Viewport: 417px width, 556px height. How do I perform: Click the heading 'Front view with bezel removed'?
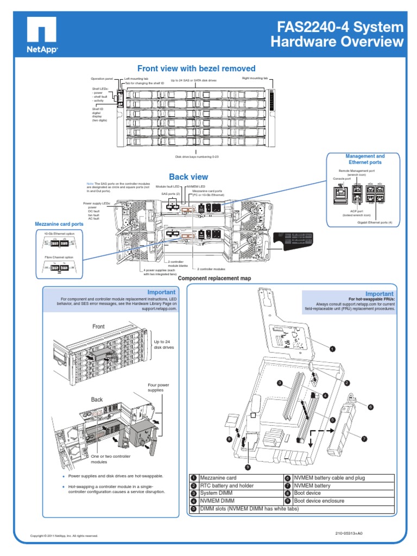[x=196, y=68]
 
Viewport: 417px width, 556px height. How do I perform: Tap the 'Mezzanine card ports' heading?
[x=59, y=224]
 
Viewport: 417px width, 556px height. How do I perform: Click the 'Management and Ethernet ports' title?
[x=364, y=159]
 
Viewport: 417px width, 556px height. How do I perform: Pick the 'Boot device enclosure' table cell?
[x=319, y=501]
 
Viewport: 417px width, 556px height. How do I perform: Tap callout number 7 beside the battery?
[x=364, y=438]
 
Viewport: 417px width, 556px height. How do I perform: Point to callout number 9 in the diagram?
[x=248, y=466]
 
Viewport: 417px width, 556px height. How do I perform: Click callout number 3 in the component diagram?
[x=280, y=383]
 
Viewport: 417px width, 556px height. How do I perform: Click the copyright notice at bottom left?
[x=64, y=536]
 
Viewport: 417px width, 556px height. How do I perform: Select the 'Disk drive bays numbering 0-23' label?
[x=196, y=157]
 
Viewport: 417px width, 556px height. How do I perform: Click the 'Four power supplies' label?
[x=155, y=388]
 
